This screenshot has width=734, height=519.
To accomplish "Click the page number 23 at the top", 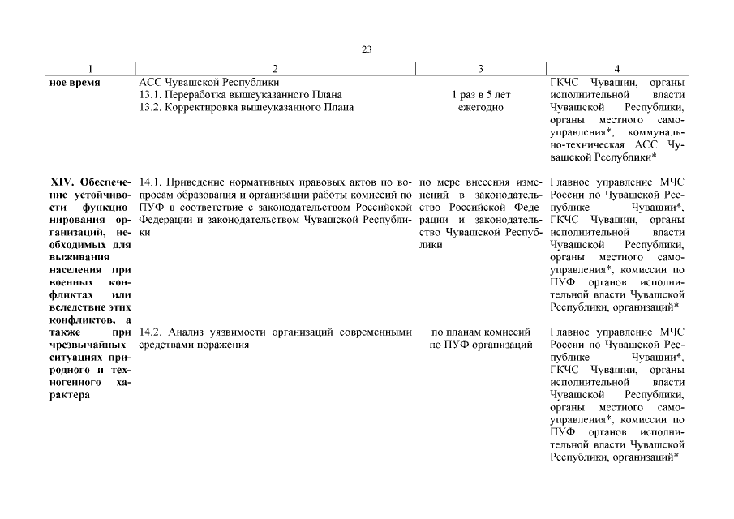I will tap(366, 49).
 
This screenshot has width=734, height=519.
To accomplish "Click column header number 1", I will tap(91, 69).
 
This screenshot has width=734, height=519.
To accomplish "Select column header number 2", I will tap(276, 69).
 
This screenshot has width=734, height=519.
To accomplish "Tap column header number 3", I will tap(480, 69).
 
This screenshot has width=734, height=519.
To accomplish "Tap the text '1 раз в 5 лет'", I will tap(480, 94).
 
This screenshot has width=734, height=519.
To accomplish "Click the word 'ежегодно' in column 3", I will tap(480, 106).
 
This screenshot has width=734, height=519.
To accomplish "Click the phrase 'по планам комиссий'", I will tap(480, 332).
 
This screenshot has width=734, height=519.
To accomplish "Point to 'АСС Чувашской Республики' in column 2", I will tap(209, 82).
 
